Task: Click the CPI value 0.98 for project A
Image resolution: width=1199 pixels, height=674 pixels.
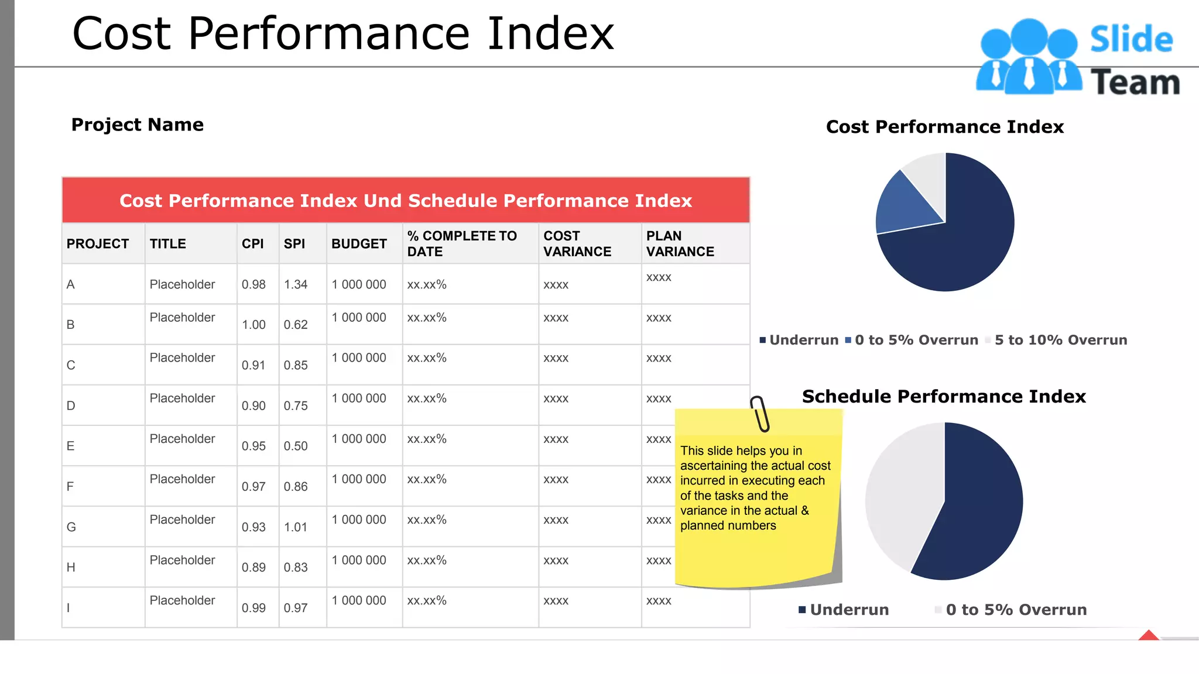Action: click(253, 284)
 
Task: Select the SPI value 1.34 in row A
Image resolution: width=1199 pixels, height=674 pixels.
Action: click(296, 284)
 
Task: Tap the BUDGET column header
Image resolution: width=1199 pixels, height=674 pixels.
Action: click(359, 244)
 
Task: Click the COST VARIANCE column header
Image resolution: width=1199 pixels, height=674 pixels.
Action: click(577, 244)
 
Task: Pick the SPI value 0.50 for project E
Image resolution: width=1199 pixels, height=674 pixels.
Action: click(296, 446)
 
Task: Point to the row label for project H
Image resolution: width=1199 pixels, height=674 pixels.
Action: click(71, 567)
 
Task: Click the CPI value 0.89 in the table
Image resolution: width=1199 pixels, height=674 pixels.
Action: click(253, 567)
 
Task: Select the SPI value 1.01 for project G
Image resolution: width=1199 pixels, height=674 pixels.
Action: click(296, 527)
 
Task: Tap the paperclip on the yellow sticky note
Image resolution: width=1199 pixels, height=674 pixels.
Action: click(760, 414)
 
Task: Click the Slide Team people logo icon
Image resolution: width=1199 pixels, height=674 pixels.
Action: click(1029, 57)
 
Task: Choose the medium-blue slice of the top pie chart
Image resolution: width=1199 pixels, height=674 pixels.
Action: click(904, 205)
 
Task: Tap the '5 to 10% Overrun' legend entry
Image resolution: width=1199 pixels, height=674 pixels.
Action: click(1060, 340)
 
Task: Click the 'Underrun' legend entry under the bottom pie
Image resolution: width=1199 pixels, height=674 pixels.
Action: click(849, 610)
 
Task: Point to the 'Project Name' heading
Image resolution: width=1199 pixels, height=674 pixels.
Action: click(138, 125)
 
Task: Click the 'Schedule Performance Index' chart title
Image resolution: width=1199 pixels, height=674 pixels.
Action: click(944, 396)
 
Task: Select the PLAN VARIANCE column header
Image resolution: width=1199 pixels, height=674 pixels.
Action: click(680, 244)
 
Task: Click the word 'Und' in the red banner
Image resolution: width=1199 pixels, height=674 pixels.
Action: click(383, 201)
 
